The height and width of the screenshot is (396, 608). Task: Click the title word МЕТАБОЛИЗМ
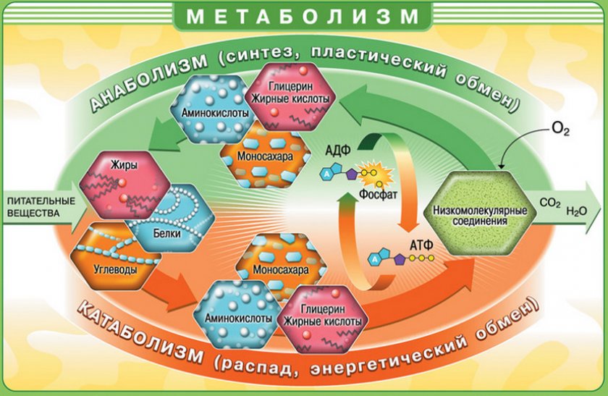click(x=303, y=16)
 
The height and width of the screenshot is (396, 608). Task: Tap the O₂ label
click(x=560, y=129)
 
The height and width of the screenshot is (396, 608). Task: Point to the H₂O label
click(x=577, y=211)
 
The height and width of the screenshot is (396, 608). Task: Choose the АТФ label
click(x=421, y=245)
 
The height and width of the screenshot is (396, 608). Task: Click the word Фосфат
click(x=378, y=194)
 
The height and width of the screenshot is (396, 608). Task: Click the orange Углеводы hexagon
click(x=116, y=256)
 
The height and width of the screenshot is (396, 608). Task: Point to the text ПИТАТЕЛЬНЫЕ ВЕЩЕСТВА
click(x=41, y=207)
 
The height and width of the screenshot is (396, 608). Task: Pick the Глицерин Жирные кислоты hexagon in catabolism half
click(x=322, y=319)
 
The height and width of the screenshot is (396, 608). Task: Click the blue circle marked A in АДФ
click(x=327, y=175)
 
